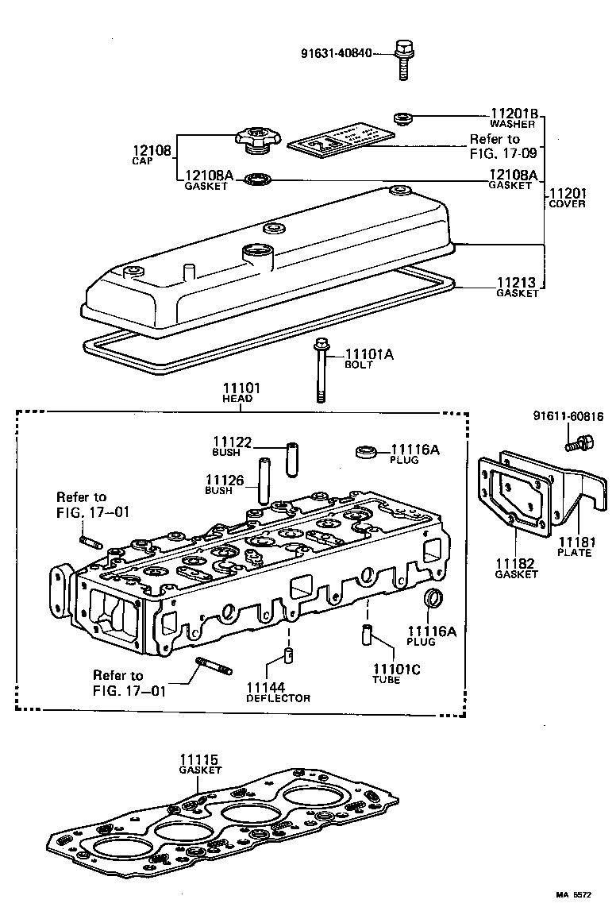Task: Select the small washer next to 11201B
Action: point(404,119)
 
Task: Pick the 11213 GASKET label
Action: point(517,287)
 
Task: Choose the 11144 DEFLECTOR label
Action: point(277,692)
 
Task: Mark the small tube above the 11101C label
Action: point(367,635)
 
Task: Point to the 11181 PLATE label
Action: point(574,546)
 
